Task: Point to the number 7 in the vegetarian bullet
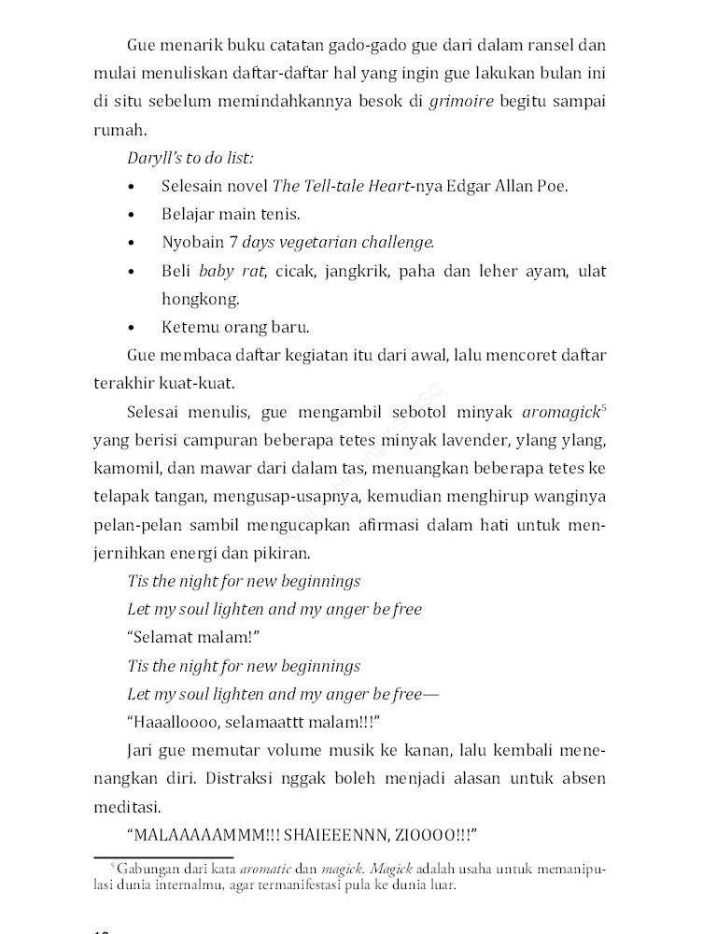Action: point(233,243)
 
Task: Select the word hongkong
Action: point(188,299)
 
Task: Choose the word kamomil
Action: point(127,468)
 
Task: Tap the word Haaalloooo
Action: point(178,722)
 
